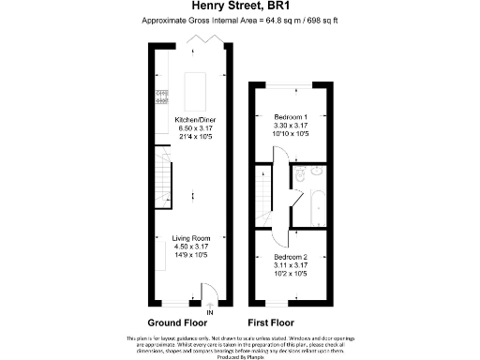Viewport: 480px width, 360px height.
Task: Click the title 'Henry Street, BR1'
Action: pos(239,7)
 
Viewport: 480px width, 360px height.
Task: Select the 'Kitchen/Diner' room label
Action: pos(195,120)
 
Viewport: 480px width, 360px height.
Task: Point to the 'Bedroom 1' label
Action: pos(290,116)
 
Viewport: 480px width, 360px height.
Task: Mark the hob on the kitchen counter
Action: pos(161,94)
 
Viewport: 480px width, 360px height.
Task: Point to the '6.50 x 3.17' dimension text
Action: pos(195,127)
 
